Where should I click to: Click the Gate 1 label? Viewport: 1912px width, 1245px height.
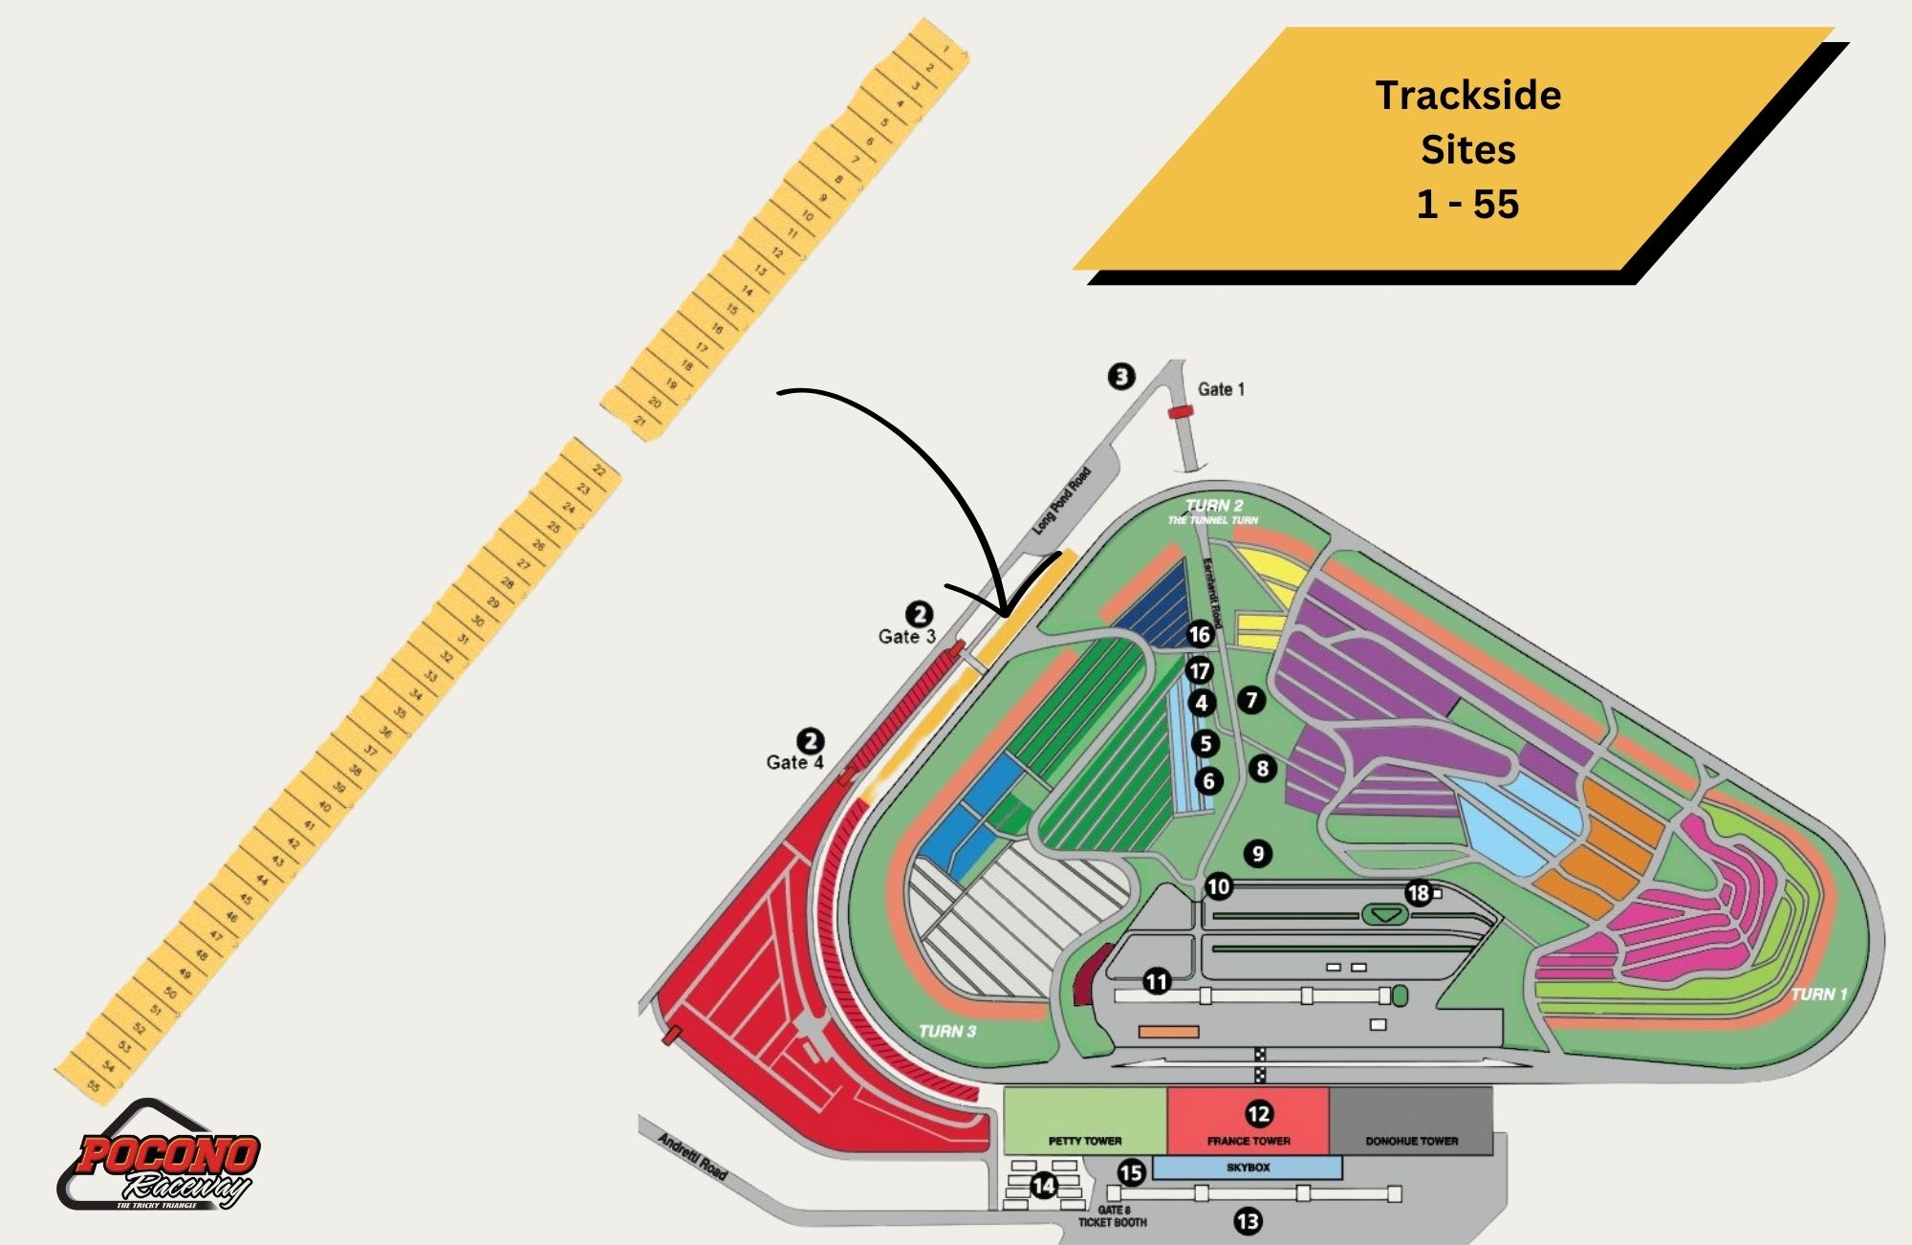tap(1221, 389)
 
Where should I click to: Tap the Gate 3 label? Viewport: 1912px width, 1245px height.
tap(906, 636)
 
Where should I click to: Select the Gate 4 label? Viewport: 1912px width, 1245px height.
tap(793, 762)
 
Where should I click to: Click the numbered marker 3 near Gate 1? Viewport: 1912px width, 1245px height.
tap(1121, 376)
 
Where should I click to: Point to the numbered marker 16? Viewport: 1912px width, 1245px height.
tap(1199, 634)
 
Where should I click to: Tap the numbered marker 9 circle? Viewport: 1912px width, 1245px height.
tap(1258, 854)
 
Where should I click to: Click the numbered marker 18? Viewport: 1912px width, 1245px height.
tap(1418, 893)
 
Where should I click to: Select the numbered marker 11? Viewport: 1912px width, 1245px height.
tap(1157, 981)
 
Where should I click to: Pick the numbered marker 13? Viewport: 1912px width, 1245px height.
tap(1248, 1221)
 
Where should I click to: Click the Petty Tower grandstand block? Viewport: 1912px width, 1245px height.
tap(1084, 1120)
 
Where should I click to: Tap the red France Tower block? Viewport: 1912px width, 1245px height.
tap(1248, 1120)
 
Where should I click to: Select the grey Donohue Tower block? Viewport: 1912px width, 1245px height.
tap(1411, 1120)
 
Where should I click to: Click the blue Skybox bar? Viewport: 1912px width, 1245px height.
tap(1248, 1168)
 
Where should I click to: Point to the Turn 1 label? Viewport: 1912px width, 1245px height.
tap(1818, 994)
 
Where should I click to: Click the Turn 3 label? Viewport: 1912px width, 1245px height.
tap(946, 1031)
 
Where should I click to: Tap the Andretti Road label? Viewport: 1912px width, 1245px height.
tap(692, 1155)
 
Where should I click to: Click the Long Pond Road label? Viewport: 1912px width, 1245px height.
tap(1061, 500)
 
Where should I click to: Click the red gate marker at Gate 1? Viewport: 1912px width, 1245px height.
tap(1181, 411)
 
